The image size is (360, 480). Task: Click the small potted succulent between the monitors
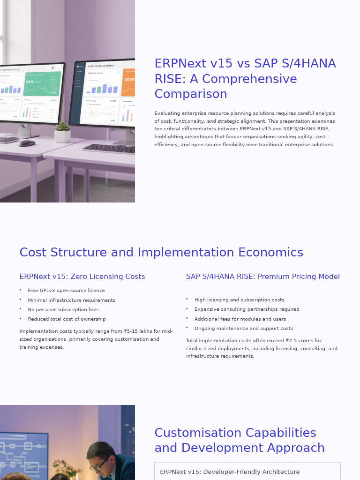(62, 132)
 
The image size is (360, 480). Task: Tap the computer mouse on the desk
(27, 143)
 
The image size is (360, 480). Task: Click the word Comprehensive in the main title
(249, 79)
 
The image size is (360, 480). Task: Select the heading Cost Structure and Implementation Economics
(161, 252)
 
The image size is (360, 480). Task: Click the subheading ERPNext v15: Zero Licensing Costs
(82, 277)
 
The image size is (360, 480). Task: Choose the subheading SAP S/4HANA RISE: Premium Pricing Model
(263, 277)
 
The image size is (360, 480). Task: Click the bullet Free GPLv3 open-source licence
(66, 291)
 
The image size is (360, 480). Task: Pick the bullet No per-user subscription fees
(63, 309)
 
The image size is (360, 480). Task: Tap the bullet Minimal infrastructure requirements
(71, 300)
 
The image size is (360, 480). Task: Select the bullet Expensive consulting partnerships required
(247, 309)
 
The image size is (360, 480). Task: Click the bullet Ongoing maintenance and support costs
(243, 328)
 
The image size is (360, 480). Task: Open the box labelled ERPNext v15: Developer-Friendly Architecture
(247, 471)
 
